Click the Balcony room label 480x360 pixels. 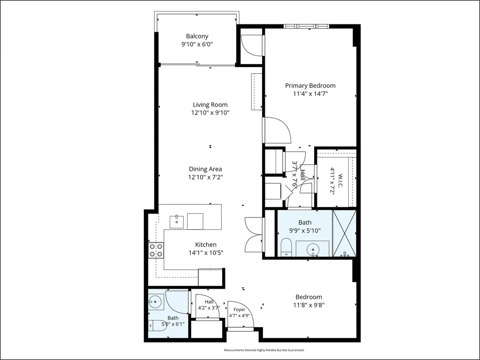point(197,36)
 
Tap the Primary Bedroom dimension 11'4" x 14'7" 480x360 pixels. point(310,94)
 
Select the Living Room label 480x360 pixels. point(210,105)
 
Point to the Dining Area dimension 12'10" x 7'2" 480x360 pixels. point(205,177)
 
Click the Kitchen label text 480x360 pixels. point(206,245)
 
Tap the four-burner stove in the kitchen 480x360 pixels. point(156,250)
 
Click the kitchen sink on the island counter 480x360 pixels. point(177,222)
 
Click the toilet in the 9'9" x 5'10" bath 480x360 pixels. point(287,247)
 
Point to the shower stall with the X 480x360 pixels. point(345,233)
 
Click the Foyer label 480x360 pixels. point(239,309)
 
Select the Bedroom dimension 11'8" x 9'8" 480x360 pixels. point(308,305)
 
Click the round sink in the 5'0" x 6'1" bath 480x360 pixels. point(156,302)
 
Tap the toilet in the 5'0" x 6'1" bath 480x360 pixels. point(157,325)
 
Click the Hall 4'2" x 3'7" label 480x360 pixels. point(209,305)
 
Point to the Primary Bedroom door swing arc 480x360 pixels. point(281,129)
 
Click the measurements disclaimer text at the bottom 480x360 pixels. point(264,350)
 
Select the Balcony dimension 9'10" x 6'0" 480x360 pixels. point(197,45)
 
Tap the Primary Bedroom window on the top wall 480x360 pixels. point(306,26)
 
